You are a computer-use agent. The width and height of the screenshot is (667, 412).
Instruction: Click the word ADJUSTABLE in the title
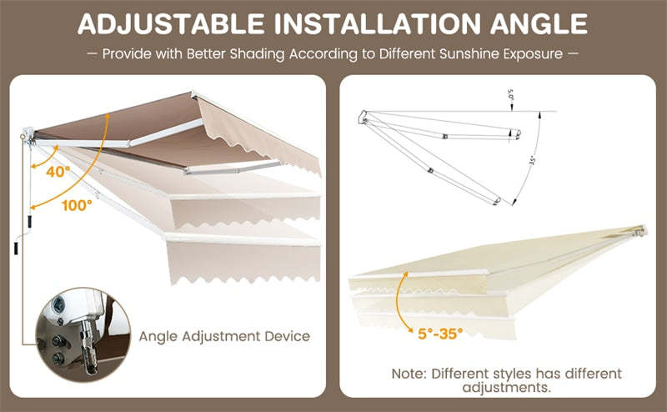pos(156,23)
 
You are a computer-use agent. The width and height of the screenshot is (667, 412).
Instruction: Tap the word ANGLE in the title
pos(540,23)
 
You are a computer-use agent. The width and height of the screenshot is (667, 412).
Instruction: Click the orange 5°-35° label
pos(440,333)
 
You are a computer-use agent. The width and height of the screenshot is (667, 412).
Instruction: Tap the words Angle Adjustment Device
pos(224,336)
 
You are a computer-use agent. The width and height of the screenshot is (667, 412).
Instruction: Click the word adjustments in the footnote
pos(507,388)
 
